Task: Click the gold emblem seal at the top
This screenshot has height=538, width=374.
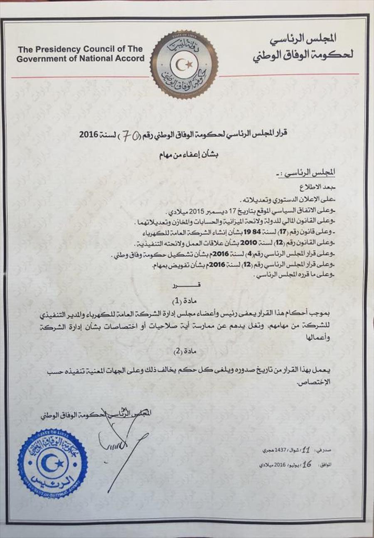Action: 184,64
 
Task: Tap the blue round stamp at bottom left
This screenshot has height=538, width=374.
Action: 52,464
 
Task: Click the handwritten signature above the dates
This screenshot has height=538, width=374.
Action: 121,437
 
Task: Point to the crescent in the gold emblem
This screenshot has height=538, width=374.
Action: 182,64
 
